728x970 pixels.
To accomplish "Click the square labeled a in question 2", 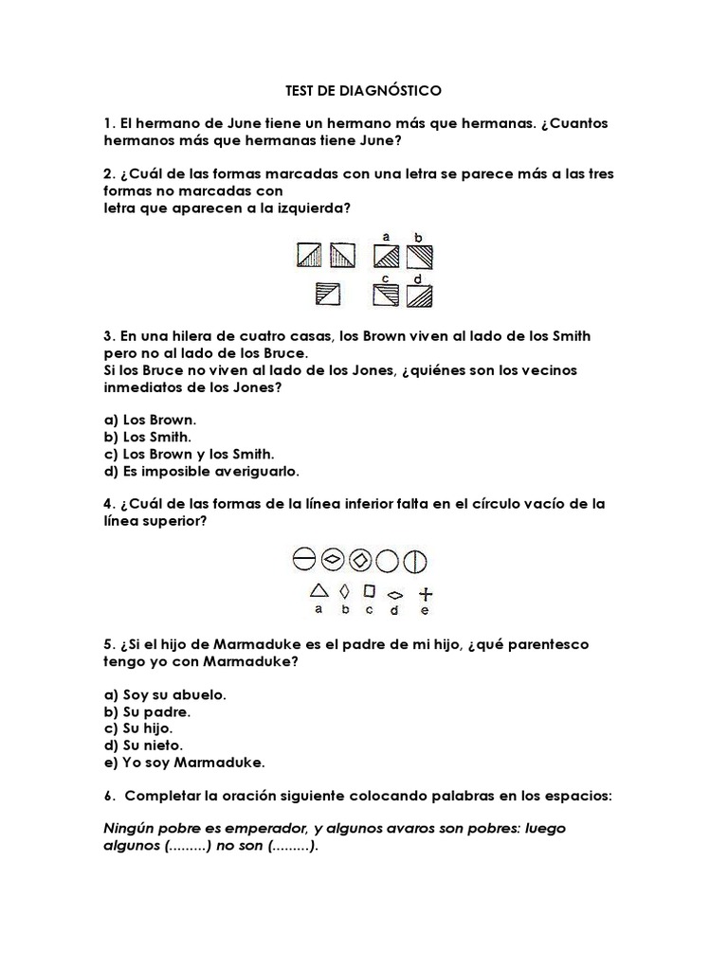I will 386,256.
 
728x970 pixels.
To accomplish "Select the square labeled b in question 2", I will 420,256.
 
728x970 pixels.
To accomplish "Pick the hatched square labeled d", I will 420,296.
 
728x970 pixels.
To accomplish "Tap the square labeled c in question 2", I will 386,296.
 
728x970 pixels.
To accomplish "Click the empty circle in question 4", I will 387,561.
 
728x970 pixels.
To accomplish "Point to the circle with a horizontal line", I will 303,561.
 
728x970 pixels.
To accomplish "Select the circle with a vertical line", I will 414,561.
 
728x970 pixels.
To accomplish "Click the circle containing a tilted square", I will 359,561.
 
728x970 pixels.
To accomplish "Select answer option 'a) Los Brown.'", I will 149,420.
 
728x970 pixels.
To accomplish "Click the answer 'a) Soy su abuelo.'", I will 164,694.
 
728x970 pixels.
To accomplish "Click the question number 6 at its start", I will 107,797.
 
